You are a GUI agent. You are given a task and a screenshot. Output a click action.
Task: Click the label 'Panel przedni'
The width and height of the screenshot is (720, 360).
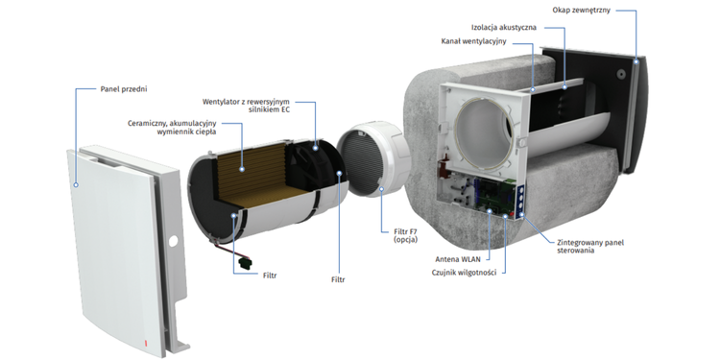coord(124,89)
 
